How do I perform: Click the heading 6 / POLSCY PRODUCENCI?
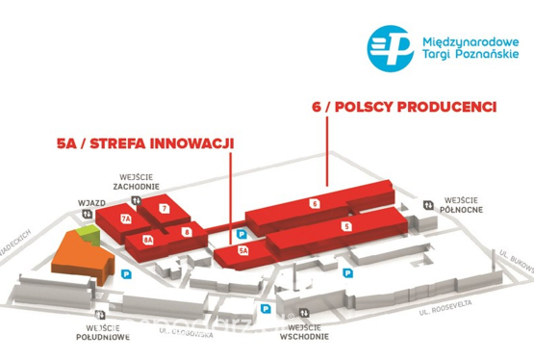[404, 106]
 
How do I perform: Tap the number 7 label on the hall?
[165, 208]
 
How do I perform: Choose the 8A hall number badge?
[148, 239]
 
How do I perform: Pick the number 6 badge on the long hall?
[315, 203]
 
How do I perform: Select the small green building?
[88, 232]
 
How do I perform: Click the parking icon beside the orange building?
[127, 274]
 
